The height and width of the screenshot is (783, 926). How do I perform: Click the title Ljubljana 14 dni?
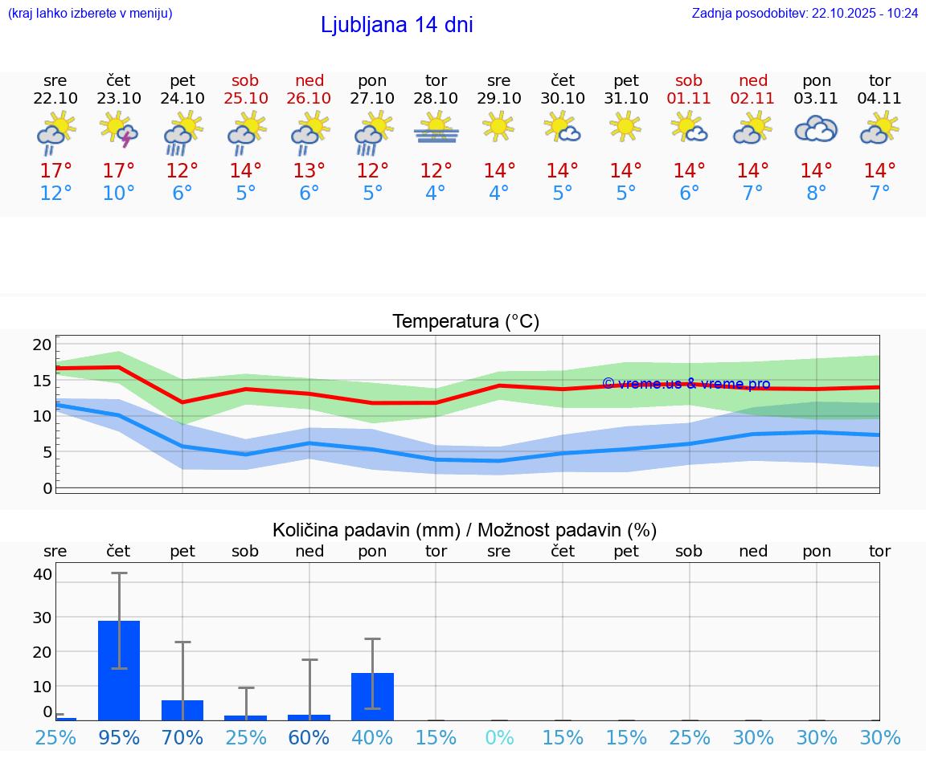coord(396,25)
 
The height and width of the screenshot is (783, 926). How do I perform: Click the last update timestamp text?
coord(805,14)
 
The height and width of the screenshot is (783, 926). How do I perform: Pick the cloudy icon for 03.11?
coord(816,129)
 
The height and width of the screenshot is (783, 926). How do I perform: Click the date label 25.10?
coord(246,98)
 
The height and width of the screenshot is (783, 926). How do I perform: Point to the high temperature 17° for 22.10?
coord(55,171)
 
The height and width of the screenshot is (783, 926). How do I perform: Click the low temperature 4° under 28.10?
coord(436,194)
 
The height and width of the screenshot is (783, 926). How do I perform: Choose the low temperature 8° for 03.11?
coord(816,194)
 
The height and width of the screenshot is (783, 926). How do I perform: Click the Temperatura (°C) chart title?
coord(465,322)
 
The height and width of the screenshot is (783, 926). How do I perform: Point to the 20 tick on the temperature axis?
coord(42,345)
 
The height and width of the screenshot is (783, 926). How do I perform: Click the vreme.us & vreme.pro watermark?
coord(686,384)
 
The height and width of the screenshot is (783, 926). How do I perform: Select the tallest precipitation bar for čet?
coord(119,671)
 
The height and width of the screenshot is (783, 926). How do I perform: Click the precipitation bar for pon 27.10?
coord(372,696)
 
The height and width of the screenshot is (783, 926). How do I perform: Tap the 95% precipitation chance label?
coord(119,737)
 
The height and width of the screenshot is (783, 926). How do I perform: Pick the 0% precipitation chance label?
coord(499,737)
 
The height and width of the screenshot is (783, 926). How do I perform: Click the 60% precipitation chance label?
coord(309,737)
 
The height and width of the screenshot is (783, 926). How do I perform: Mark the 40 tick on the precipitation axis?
coord(43,574)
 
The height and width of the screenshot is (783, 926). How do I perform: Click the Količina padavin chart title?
coord(465,530)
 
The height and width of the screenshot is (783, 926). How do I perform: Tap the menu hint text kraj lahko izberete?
coord(90,14)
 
